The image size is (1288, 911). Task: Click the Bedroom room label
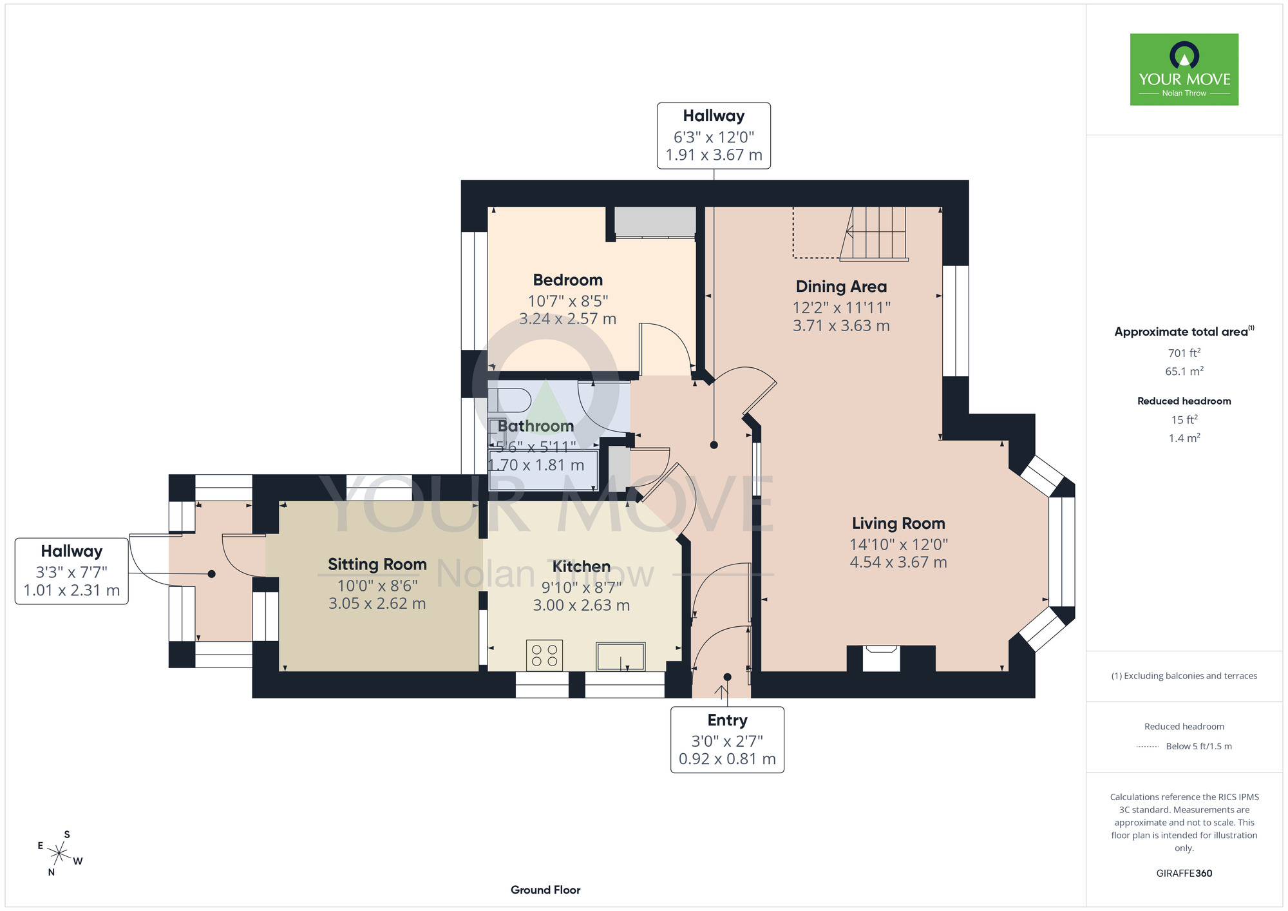[568, 280]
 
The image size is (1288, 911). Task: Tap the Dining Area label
[841, 287]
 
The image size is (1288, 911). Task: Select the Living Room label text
[898, 524]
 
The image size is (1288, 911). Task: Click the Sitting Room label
[377, 564]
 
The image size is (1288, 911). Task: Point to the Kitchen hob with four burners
[545, 655]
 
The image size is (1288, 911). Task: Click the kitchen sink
[621, 657]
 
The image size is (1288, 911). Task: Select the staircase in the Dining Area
[874, 233]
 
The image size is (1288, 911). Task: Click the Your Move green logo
[1184, 70]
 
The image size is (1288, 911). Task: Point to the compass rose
[59, 854]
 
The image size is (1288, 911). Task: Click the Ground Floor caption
[545, 890]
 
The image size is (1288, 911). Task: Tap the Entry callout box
[727, 740]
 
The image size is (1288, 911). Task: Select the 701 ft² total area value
[1184, 353]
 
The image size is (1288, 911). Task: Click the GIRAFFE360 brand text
[1184, 874]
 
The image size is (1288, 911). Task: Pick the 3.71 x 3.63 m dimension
[841, 326]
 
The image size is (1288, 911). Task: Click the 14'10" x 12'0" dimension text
[898, 544]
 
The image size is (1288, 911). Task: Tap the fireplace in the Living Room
[881, 659]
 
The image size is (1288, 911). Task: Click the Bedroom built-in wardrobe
[655, 222]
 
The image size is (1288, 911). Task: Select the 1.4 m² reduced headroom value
[1184, 438]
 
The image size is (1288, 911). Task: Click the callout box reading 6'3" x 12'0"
[714, 136]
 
